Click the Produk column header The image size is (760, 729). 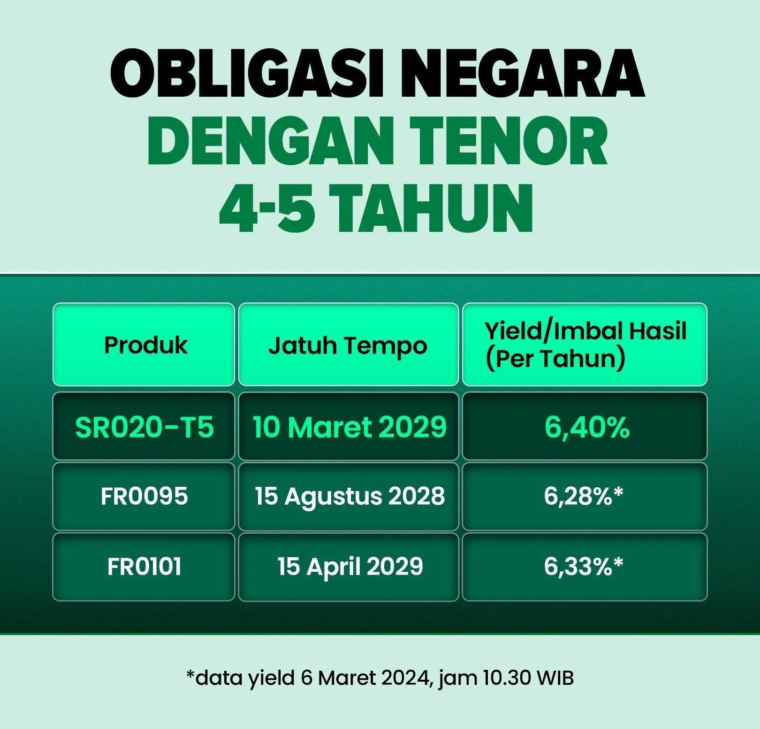[145, 345]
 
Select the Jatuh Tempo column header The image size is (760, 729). [348, 345]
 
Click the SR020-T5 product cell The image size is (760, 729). [144, 427]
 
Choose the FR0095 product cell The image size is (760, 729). [144, 496]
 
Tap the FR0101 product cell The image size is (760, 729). [144, 567]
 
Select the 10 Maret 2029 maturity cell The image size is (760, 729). [350, 427]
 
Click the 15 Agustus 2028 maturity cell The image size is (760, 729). [350, 496]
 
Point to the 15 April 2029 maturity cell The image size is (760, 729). [350, 567]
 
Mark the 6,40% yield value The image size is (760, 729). [586, 427]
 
